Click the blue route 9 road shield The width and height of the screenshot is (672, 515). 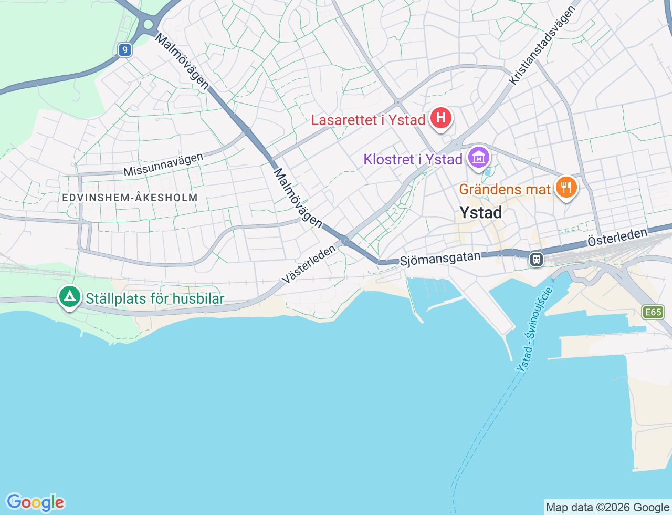pyautogui.click(x=124, y=50)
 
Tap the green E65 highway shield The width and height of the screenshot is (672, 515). pyautogui.click(x=653, y=312)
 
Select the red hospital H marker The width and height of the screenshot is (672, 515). pyautogui.click(x=441, y=118)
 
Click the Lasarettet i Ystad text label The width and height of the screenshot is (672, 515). pyautogui.click(x=368, y=120)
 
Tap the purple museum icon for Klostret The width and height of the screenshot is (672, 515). pyautogui.click(x=478, y=157)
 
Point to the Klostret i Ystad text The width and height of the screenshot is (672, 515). pyautogui.click(x=413, y=159)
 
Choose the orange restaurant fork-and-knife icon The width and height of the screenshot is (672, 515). pyautogui.click(x=565, y=187)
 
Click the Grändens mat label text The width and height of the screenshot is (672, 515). pyautogui.click(x=505, y=189)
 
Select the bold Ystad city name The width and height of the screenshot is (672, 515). pyautogui.click(x=480, y=212)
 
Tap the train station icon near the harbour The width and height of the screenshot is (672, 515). pyautogui.click(x=536, y=259)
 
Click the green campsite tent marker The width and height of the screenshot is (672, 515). pyautogui.click(x=70, y=297)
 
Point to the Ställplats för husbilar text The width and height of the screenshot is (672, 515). pyautogui.click(x=155, y=299)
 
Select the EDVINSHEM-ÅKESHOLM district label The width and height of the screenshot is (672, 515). pyautogui.click(x=130, y=198)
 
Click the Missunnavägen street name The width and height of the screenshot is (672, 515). pyautogui.click(x=163, y=164)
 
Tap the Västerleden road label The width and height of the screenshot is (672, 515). pyautogui.click(x=308, y=264)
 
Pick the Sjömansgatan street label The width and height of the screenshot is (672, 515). pyautogui.click(x=440, y=259)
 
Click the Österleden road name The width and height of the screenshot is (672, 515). pyautogui.click(x=617, y=238)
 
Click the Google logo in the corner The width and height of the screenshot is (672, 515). pyautogui.click(x=35, y=502)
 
